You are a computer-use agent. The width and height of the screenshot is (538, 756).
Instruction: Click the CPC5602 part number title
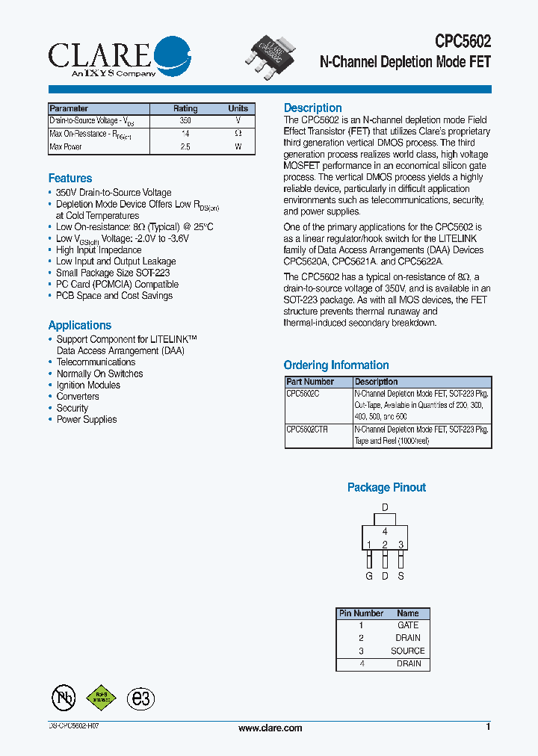pos(463,43)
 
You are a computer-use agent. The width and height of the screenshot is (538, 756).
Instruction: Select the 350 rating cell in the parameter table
pos(185,120)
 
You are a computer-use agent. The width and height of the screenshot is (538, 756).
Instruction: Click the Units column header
pos(238,108)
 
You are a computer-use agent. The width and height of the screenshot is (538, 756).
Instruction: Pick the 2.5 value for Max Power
pos(185,147)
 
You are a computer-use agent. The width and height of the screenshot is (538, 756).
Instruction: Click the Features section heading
pos(70,179)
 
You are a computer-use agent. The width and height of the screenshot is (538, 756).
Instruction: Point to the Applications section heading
pos(79,326)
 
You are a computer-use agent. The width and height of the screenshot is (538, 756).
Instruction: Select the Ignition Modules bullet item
pos(88,385)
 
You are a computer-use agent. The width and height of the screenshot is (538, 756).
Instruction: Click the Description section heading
pos(312,108)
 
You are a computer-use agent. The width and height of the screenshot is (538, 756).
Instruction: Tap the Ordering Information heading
pos(336,365)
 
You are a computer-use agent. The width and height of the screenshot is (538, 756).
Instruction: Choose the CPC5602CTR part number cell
pos(307,430)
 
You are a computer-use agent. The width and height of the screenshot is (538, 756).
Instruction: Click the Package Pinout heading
pos(386,488)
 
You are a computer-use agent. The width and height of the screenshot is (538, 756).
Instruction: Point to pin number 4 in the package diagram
pos(385,531)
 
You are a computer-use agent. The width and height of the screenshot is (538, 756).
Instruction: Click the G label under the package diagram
pos(368,576)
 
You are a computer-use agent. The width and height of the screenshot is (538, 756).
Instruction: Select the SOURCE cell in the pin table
pos(407,651)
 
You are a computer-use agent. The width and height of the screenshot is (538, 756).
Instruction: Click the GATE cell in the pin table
pos(407,625)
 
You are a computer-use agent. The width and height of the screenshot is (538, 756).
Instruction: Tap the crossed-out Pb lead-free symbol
pos(64,698)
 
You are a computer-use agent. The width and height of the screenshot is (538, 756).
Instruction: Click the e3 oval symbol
pos(140,698)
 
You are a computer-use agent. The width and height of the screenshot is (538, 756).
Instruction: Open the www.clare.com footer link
pos(270,728)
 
